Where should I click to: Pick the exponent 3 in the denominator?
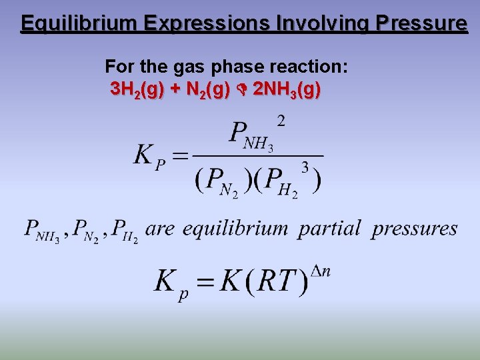(x=305, y=167)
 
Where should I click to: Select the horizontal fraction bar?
(x=257, y=156)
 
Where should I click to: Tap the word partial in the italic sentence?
(x=330, y=229)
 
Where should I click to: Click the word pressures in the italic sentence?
(x=415, y=229)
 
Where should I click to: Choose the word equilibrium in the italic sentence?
(x=235, y=229)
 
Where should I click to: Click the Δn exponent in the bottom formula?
(x=321, y=271)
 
